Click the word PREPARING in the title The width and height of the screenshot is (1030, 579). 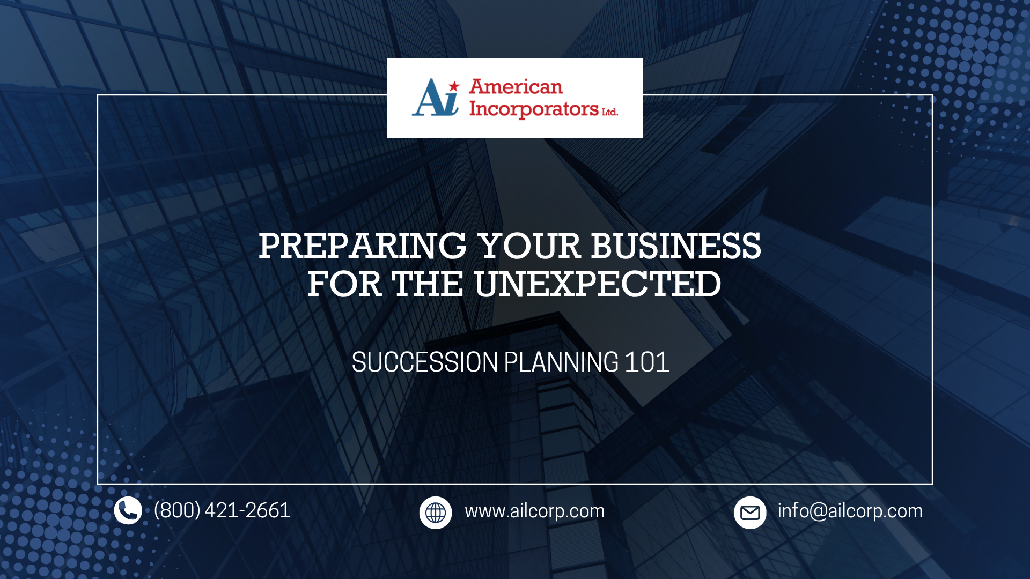pyautogui.click(x=363, y=246)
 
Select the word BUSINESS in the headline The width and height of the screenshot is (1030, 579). pyautogui.click(x=676, y=246)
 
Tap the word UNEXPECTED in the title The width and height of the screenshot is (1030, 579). pyautogui.click(x=598, y=284)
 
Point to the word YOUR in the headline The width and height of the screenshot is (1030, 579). pyautogui.click(x=529, y=246)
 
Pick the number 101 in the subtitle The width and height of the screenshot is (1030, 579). pyautogui.click(x=647, y=362)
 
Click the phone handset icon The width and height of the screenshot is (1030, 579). pyautogui.click(x=128, y=510)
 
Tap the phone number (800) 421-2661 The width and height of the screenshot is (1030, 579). pyautogui.click(x=222, y=510)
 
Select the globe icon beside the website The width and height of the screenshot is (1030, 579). pyautogui.click(x=436, y=513)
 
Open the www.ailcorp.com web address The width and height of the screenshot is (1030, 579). pyautogui.click(x=535, y=511)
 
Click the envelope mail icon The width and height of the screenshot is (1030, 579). pyautogui.click(x=750, y=513)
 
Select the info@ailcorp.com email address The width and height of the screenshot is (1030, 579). pyautogui.click(x=850, y=511)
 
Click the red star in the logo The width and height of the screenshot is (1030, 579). pyautogui.click(x=454, y=86)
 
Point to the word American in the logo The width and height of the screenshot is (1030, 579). pyautogui.click(x=516, y=87)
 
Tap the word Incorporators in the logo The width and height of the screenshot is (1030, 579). pyautogui.click(x=534, y=109)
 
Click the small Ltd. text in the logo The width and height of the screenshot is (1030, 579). pyautogui.click(x=610, y=112)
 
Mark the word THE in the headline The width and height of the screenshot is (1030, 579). pyautogui.click(x=428, y=284)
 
